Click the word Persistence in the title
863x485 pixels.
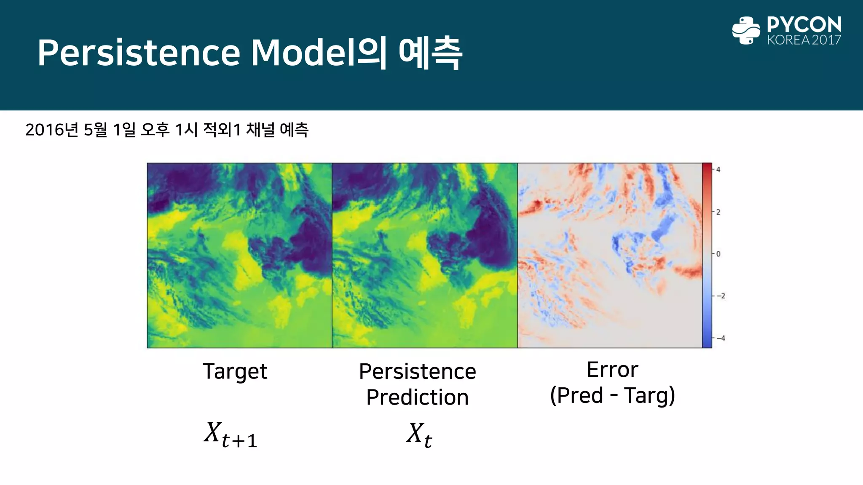coord(139,53)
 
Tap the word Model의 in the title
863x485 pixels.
coord(319,53)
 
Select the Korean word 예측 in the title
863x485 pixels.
coord(430,53)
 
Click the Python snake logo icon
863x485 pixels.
coord(746,30)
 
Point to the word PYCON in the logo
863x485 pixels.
coord(804,24)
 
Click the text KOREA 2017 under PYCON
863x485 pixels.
coord(804,40)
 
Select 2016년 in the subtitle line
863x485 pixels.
coord(52,130)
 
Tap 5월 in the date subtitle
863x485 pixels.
coord(96,130)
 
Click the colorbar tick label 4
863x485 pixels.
coord(718,170)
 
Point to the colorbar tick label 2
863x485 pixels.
coord(718,212)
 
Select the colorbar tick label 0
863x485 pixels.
coord(718,254)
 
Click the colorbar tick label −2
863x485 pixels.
coord(721,296)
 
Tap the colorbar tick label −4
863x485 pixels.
coord(721,338)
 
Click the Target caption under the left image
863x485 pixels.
coord(235,372)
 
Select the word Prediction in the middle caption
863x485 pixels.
coord(417,397)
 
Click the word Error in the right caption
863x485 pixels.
coord(612,370)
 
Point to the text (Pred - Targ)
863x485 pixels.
coord(612,396)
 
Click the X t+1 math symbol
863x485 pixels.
coord(230,434)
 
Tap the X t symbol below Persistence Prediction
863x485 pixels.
coord(419,434)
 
